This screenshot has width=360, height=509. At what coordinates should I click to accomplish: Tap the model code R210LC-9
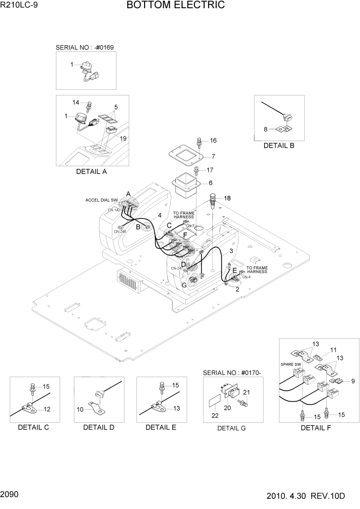click(x=19, y=6)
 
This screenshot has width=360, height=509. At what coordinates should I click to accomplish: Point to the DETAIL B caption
click(x=278, y=145)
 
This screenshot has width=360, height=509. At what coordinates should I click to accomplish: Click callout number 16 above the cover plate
click(x=213, y=141)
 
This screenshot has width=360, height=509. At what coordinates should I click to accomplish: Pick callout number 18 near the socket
click(x=227, y=198)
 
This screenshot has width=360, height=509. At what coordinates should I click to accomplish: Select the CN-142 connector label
click(x=114, y=210)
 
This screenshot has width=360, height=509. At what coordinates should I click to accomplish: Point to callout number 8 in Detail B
click(x=266, y=129)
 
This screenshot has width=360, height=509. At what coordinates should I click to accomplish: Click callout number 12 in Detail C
click(x=47, y=409)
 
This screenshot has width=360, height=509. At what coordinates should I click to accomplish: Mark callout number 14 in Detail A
click(x=75, y=103)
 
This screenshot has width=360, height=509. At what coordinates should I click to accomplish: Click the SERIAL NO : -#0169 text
click(x=85, y=47)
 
